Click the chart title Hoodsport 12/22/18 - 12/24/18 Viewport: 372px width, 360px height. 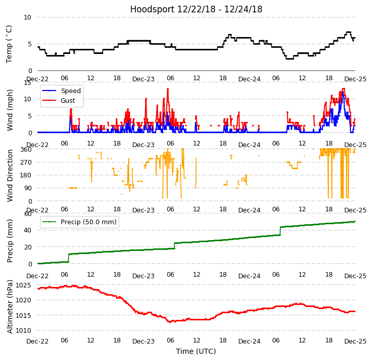[196, 9]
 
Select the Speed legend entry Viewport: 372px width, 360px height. [70, 91]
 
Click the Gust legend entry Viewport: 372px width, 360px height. [68, 101]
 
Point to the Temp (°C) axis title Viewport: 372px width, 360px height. [9, 44]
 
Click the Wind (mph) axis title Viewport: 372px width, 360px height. [10, 110]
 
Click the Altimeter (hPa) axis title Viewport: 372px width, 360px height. [10, 306]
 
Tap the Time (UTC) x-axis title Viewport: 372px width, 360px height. [196, 351]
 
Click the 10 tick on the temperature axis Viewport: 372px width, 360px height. [27, 17]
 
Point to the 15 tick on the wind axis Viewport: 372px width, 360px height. [27, 82]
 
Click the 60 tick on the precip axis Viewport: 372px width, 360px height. [27, 214]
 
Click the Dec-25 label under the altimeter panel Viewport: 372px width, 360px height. [355, 341]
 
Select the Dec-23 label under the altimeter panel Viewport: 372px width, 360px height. [143, 341]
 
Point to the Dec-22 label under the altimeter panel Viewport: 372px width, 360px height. [38, 341]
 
